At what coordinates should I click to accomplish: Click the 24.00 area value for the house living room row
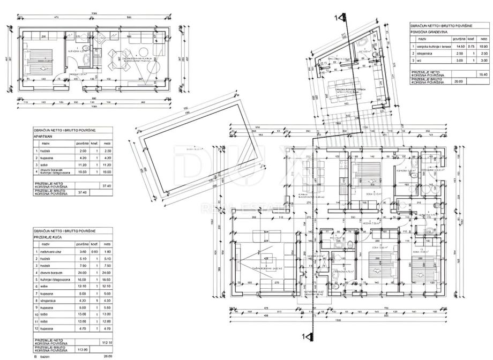[81, 272]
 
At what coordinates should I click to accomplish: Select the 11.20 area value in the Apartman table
[82, 165]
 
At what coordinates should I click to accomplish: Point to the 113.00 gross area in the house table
[81, 349]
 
